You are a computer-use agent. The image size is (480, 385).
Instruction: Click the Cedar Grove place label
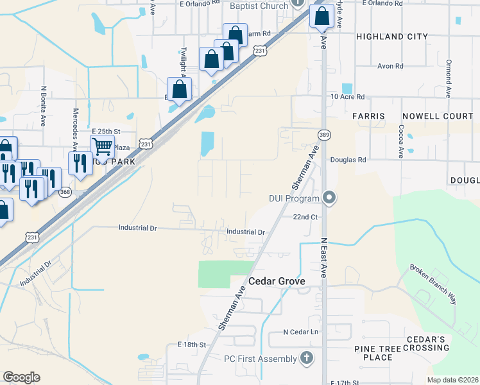coord(276,282)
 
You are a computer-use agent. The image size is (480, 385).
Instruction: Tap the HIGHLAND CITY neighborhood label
coord(391,37)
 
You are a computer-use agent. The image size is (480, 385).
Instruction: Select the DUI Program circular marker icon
coord(329,198)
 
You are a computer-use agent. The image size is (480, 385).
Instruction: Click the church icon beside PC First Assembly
coord(307,357)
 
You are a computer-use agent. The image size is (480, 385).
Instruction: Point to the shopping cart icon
coord(103,147)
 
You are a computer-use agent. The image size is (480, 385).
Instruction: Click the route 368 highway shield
coord(65,191)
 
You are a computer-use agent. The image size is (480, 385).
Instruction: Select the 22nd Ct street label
coord(305,218)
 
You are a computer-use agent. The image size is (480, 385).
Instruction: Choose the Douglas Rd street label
coord(348,160)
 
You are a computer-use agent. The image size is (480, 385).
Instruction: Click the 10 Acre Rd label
coord(347,97)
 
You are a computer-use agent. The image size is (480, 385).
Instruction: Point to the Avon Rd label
coord(390,66)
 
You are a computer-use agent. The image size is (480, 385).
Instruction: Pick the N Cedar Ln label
coord(301,332)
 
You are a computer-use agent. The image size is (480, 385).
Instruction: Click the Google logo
coord(21,377)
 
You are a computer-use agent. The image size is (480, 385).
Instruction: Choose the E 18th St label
coord(191,345)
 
